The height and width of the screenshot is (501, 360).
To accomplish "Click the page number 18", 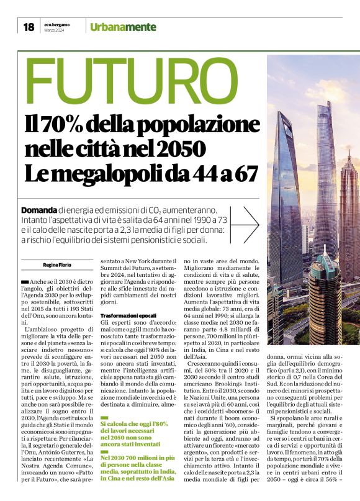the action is click(29, 27).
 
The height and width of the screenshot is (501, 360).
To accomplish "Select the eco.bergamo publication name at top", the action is click(57, 24).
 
